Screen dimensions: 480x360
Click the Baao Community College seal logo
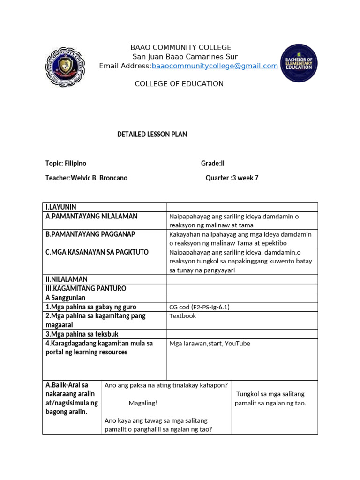66,67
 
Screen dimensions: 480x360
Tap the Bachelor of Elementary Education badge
299,63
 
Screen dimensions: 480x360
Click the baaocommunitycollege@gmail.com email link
215,66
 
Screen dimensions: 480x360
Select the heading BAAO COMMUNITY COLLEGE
180,47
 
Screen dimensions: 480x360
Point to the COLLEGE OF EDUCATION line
179,84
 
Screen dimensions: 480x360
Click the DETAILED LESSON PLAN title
152,135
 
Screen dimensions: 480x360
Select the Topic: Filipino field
66,164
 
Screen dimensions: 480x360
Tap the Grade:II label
213,164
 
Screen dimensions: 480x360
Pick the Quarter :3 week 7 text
232,178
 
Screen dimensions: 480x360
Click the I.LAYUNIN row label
61,207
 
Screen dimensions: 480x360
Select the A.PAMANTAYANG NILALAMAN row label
91,216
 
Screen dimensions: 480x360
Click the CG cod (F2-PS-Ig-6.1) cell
199,307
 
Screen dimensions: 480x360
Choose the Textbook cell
182,316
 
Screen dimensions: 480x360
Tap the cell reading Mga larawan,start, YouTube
210,344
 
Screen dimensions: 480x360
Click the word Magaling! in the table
143,403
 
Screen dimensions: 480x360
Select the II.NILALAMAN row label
67,279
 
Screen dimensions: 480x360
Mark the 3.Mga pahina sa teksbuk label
82,334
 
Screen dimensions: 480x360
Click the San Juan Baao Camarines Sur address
181,57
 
